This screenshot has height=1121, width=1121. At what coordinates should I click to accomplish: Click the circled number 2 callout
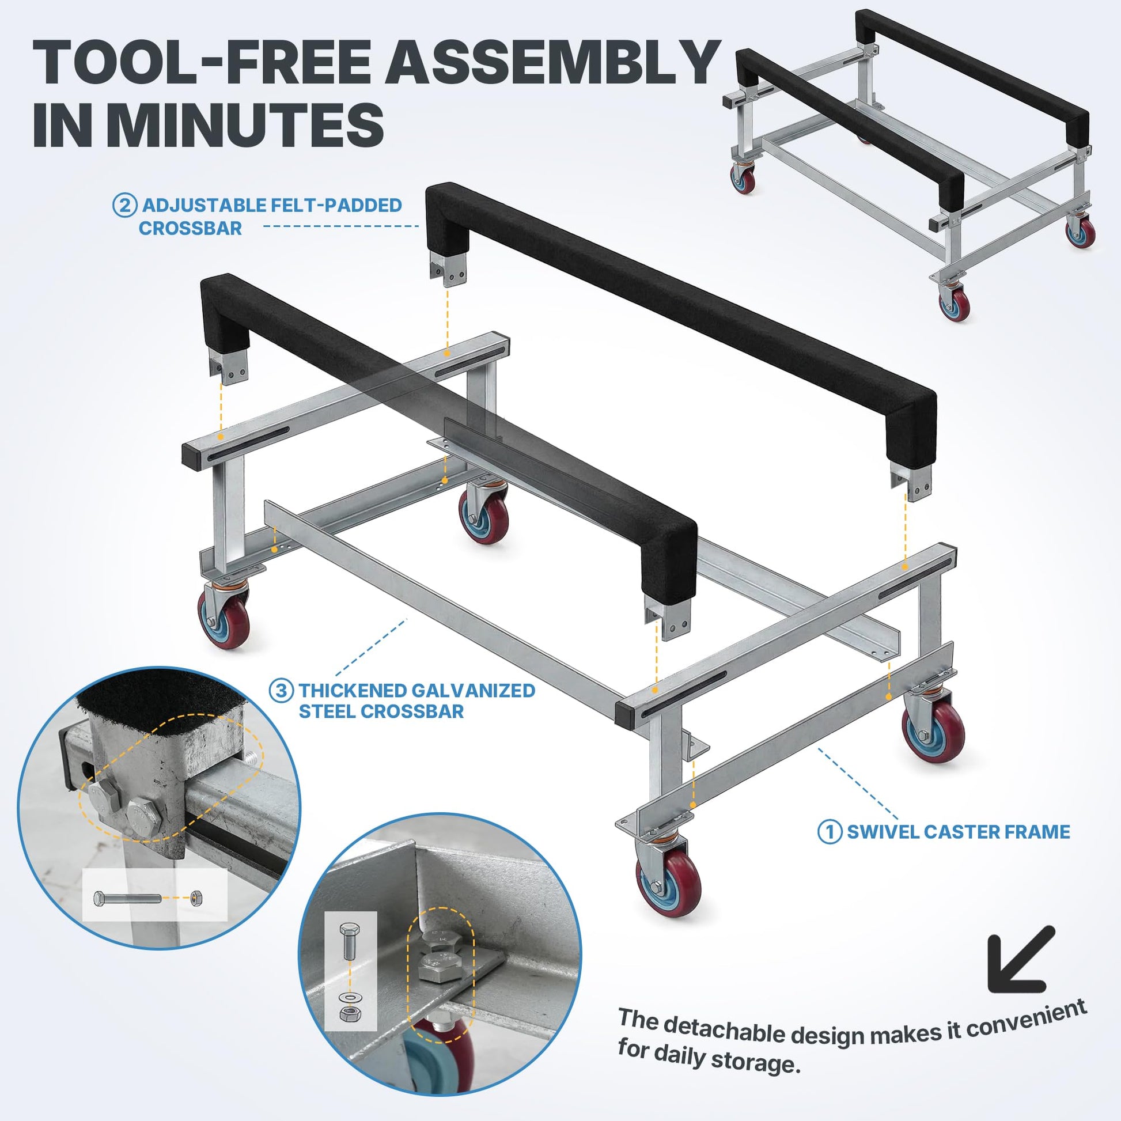[124, 206]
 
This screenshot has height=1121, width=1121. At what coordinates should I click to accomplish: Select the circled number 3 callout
[282, 691]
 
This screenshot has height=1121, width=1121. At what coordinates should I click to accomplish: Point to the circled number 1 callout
[830, 832]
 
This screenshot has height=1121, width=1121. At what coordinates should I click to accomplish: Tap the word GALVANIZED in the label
[474, 691]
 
